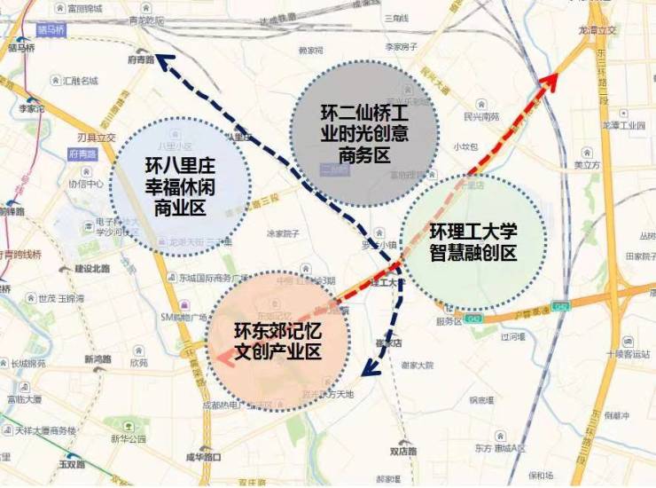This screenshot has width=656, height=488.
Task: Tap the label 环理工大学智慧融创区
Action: (473, 240)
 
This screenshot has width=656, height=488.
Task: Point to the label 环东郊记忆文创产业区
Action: (277, 341)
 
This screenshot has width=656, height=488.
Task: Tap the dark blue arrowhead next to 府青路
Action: (166, 61)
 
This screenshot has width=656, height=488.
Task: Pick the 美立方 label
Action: (588, 164)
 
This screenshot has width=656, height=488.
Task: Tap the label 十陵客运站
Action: (622, 353)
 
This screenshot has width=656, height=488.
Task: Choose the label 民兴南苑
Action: (481, 116)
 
